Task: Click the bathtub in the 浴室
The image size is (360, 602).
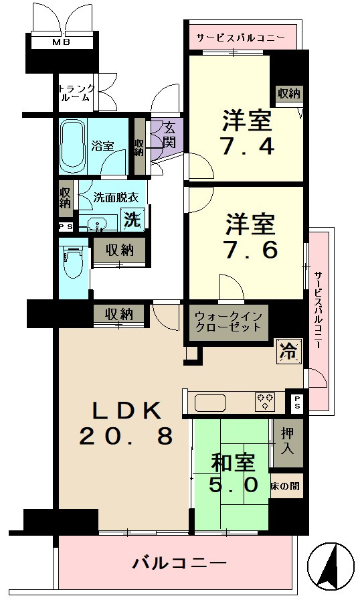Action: click(72, 146)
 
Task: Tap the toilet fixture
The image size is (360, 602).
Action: click(74, 262)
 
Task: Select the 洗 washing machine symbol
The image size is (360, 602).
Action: click(132, 220)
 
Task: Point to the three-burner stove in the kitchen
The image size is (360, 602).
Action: click(265, 402)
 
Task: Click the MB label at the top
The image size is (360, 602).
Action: click(62, 43)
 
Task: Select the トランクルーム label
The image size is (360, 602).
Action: click(76, 93)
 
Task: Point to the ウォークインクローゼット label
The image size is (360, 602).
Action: click(229, 322)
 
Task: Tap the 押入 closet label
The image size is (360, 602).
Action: click(288, 441)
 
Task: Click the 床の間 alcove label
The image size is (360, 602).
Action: click(285, 486)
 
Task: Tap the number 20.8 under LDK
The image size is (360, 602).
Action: click(126, 436)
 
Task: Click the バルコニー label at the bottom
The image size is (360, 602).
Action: click(179, 563)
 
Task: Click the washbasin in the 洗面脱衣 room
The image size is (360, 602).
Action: click(98, 223)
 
